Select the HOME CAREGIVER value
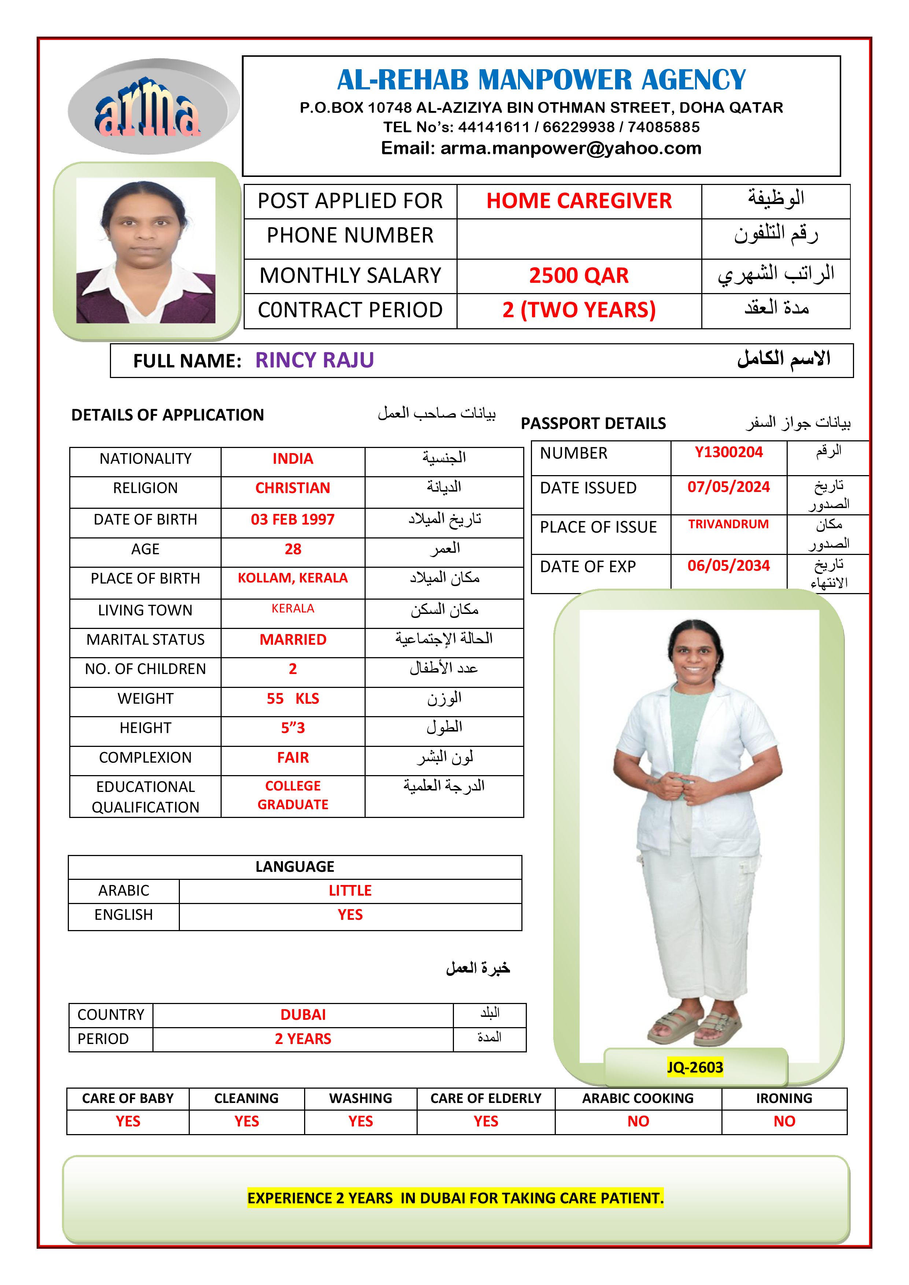click(x=579, y=201)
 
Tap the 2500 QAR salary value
click(x=579, y=275)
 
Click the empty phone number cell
click(x=579, y=238)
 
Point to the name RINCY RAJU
click(x=315, y=360)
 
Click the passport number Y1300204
click(x=728, y=452)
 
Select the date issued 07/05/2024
click(x=728, y=487)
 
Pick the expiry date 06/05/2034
click(x=728, y=566)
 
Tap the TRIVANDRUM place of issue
click(x=728, y=525)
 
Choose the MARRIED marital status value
click(x=293, y=639)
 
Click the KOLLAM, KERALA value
click(x=293, y=578)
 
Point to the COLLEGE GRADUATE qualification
click(x=293, y=795)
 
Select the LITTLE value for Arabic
click(x=350, y=890)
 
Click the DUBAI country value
click(x=303, y=1015)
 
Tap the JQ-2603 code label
click(x=695, y=1067)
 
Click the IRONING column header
click(x=784, y=1098)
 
